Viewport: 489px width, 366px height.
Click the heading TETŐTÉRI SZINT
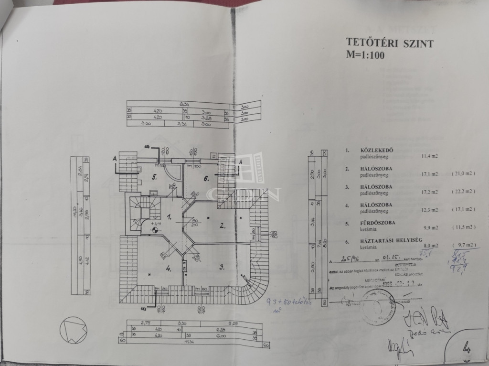tap(390, 44)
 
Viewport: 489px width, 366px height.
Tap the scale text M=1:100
tap(366, 54)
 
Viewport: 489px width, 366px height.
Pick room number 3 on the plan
tap(222, 266)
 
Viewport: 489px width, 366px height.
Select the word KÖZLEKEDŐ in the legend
tap(367, 150)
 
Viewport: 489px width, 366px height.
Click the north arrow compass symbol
tap(73, 330)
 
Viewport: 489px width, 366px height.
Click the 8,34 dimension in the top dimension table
tap(183, 103)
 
